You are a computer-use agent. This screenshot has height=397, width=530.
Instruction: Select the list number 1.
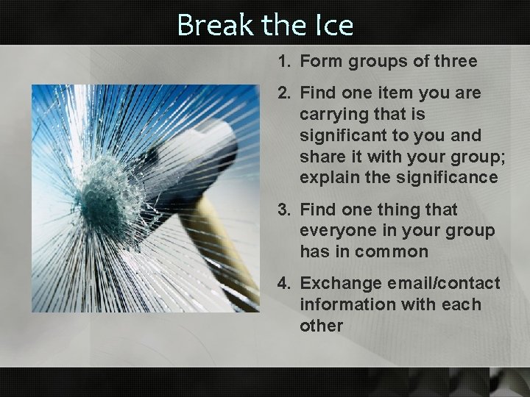(x=283, y=62)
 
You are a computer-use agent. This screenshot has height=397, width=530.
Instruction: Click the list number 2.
(x=283, y=93)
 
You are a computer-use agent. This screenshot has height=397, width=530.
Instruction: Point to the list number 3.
(x=283, y=210)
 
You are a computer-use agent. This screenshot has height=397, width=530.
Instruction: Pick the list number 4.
(x=283, y=283)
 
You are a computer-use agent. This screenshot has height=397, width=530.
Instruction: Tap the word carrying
(x=331, y=115)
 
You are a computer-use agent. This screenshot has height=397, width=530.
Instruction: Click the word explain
(x=326, y=178)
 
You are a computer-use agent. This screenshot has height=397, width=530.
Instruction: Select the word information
(x=342, y=304)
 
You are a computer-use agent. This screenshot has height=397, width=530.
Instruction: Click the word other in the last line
(x=321, y=325)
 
